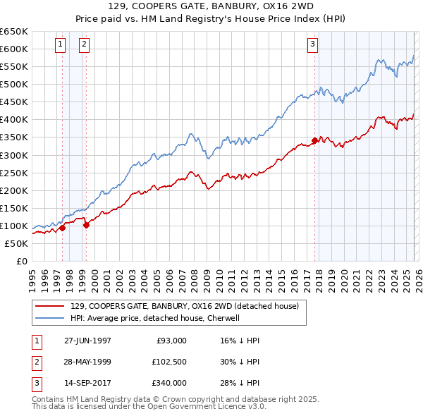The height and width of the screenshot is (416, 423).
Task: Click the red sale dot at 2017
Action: [x=314, y=140]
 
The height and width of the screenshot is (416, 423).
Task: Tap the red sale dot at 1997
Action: [x=63, y=228]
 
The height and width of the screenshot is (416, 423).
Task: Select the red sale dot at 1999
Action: [x=86, y=225]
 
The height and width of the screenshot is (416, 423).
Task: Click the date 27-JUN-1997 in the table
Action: [x=87, y=341]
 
